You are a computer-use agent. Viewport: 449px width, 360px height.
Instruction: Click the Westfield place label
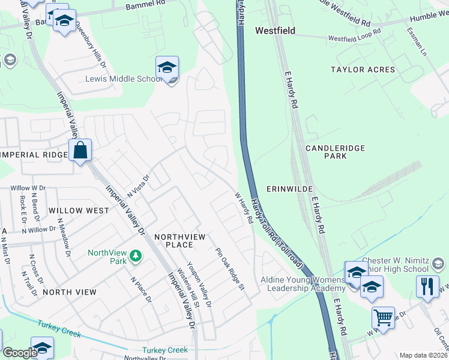point(275,31)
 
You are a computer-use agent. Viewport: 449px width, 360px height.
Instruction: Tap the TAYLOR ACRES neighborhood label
point(363,70)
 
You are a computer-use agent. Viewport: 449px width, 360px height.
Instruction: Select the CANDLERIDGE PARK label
point(335,151)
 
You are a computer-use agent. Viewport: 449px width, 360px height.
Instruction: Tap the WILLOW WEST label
point(79,211)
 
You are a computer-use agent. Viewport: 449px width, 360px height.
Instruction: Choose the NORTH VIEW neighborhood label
point(70,292)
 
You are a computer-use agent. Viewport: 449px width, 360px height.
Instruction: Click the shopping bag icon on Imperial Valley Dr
point(80,151)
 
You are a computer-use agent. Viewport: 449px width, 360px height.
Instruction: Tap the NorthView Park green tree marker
point(136,256)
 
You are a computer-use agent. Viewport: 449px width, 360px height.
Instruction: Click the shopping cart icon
point(383,316)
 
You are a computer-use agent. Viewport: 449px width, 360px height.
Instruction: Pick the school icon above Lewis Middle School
point(167,66)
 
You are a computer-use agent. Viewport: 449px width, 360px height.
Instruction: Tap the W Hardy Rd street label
point(243,208)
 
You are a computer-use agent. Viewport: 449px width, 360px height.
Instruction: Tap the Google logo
point(19,353)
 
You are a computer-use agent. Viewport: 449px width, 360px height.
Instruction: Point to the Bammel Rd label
point(140,6)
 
